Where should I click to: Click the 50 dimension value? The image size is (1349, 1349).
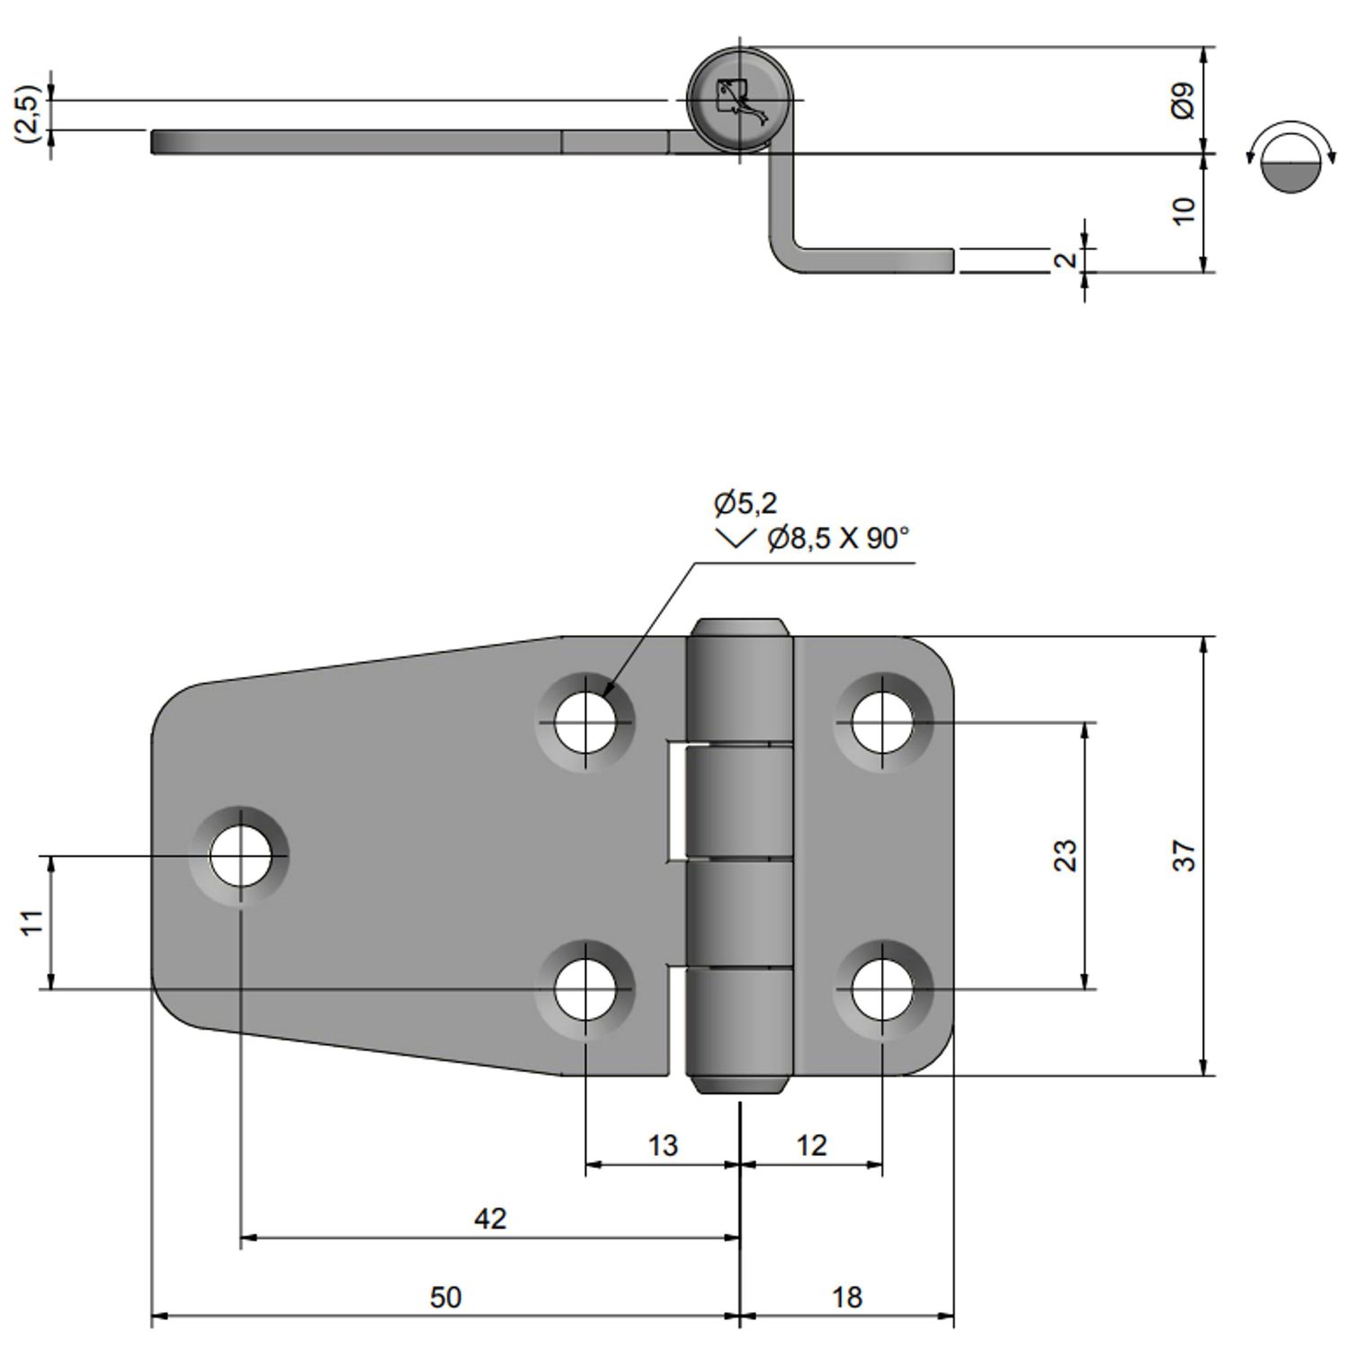tap(445, 1297)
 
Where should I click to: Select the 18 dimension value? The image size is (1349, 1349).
tap(846, 1297)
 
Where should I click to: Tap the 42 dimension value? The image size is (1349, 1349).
tap(490, 1219)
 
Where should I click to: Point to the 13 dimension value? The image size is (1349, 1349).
tap(663, 1146)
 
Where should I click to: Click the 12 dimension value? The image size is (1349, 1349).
tap(811, 1146)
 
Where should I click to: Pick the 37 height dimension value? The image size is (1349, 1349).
tap(1185, 855)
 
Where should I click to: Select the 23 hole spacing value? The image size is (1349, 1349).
tap(1064, 855)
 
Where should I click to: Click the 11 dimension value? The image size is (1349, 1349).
tap(32, 923)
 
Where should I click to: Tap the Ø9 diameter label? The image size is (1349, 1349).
tap(1184, 100)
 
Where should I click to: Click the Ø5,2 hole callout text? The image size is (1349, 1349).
tap(746, 504)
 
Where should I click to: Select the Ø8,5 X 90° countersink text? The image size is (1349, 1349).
tap(838, 539)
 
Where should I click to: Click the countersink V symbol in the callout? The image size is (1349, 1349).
tap(735, 540)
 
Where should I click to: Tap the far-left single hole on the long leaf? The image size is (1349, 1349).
tap(240, 857)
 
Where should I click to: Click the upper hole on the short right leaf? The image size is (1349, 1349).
tap(882, 722)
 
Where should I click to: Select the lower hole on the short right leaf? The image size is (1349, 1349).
tap(882, 989)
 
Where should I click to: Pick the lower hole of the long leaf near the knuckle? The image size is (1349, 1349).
tap(585, 989)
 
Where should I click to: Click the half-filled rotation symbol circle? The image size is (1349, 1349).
tap(1290, 163)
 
